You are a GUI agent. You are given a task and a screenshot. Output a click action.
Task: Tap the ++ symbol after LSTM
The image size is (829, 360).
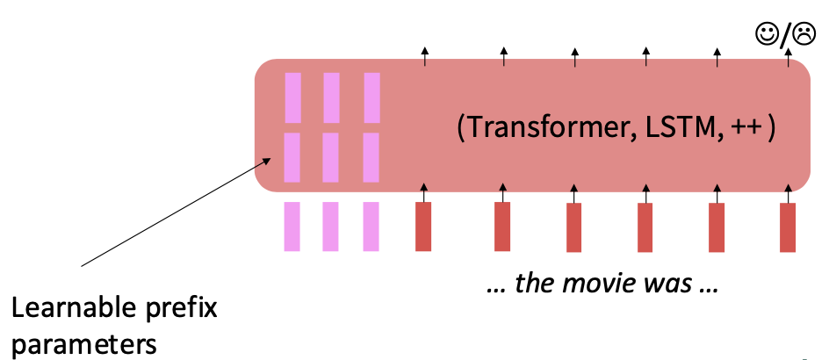[x=746, y=127]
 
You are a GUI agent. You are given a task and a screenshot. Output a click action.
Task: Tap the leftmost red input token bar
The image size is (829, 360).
[x=423, y=227]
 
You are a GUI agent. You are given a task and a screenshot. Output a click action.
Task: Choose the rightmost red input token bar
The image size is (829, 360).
[x=788, y=227]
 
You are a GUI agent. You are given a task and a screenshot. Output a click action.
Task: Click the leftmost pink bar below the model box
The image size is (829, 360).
[x=292, y=227]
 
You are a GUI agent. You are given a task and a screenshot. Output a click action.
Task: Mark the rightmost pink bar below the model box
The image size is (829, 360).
[x=371, y=227]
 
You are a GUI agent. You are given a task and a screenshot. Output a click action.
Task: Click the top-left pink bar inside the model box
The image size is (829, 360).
[x=292, y=97]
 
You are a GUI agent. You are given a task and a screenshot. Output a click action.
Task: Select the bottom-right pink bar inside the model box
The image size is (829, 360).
[x=371, y=156]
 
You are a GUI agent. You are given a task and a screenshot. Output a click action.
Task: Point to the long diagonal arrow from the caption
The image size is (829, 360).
[x=176, y=212]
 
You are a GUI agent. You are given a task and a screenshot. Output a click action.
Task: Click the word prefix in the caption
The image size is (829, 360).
[x=179, y=310]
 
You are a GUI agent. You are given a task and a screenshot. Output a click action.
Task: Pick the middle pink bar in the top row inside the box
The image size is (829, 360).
[x=331, y=97]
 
